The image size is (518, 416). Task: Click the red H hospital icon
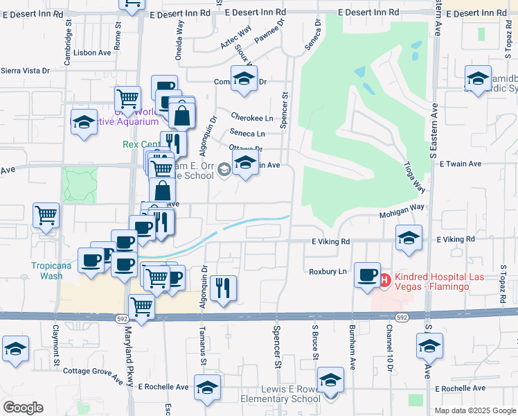point(386,279)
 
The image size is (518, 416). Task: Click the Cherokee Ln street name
point(251,118)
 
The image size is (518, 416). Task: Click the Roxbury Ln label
point(328,272)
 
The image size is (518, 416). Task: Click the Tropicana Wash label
point(46,270)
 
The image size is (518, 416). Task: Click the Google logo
point(22,408)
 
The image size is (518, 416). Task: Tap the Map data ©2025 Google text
point(476,410)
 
